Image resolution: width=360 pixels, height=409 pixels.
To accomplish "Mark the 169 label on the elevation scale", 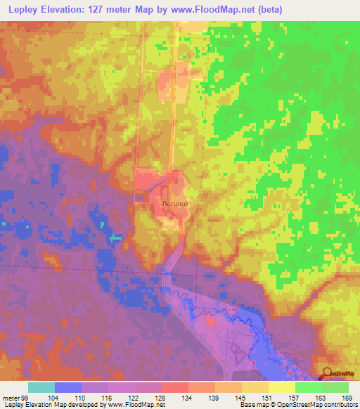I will (x=349, y=397).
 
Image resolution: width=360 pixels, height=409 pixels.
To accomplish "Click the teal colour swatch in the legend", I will (x=41, y=387).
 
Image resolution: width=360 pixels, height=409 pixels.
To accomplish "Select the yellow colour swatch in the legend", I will (x=281, y=387).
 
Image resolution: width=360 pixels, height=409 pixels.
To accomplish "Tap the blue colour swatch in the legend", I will (x=68, y=387).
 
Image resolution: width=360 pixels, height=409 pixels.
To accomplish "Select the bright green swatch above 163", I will (x=308, y=387).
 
